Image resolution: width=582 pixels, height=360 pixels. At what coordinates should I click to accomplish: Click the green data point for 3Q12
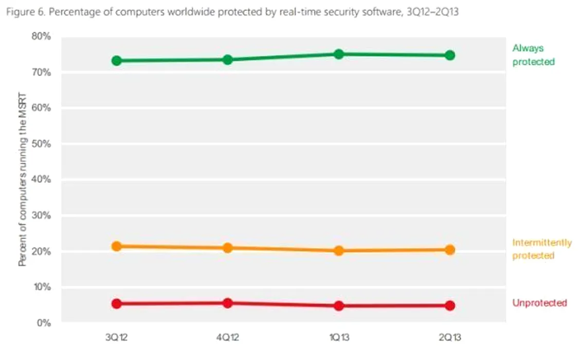[x=117, y=61]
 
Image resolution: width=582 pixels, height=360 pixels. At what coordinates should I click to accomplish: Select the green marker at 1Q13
[x=339, y=54]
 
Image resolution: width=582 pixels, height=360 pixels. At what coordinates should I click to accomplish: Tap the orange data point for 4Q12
[x=228, y=248]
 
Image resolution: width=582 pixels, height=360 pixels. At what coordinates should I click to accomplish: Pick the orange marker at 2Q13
[x=450, y=250]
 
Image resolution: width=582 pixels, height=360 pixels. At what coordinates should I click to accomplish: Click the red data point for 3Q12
[x=117, y=303]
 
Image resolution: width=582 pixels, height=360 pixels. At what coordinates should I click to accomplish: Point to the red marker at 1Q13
[x=339, y=305]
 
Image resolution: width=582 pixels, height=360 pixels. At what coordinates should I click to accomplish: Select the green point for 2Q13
[x=450, y=55]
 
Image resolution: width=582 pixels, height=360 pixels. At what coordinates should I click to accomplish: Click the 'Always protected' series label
[x=533, y=55]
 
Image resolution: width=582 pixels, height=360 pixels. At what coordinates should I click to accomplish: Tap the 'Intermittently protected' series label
[x=541, y=249]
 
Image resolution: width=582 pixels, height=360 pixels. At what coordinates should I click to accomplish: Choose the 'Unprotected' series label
[x=539, y=303]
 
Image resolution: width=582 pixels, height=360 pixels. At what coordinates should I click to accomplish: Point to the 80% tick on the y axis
[x=41, y=37]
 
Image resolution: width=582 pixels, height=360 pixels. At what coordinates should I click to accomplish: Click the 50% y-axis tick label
[x=41, y=144]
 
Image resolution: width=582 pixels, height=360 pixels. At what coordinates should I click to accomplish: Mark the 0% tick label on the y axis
[x=43, y=323]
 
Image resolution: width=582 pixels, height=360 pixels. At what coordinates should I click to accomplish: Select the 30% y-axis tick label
[x=41, y=215]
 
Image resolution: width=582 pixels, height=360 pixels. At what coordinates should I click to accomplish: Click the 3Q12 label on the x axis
[x=117, y=338]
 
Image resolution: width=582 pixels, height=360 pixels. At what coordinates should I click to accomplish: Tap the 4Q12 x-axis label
[x=228, y=338]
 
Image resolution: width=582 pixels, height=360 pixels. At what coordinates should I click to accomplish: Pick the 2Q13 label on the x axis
[x=450, y=338]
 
